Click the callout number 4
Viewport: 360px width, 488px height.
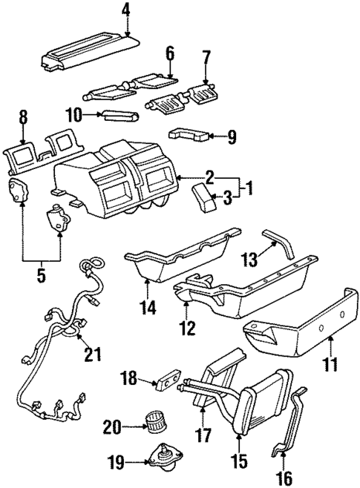tap(125, 10)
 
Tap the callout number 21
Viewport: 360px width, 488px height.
tap(92, 355)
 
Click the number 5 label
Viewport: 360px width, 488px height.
tap(41, 277)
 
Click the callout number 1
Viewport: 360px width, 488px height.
tap(249, 188)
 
